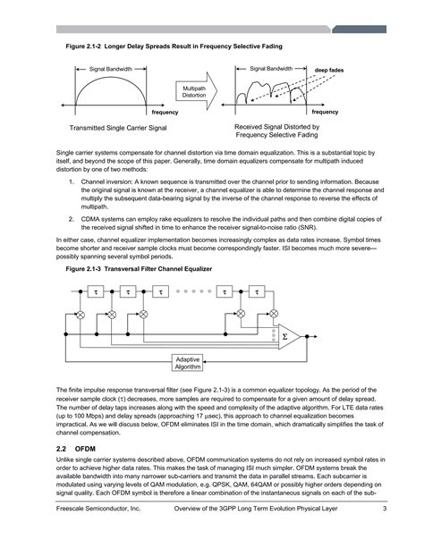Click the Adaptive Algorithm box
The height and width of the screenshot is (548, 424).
click(188, 362)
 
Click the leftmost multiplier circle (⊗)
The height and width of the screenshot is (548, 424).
click(80, 316)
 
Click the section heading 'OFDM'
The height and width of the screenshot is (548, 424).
click(85, 447)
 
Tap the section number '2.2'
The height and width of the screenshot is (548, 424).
click(63, 447)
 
